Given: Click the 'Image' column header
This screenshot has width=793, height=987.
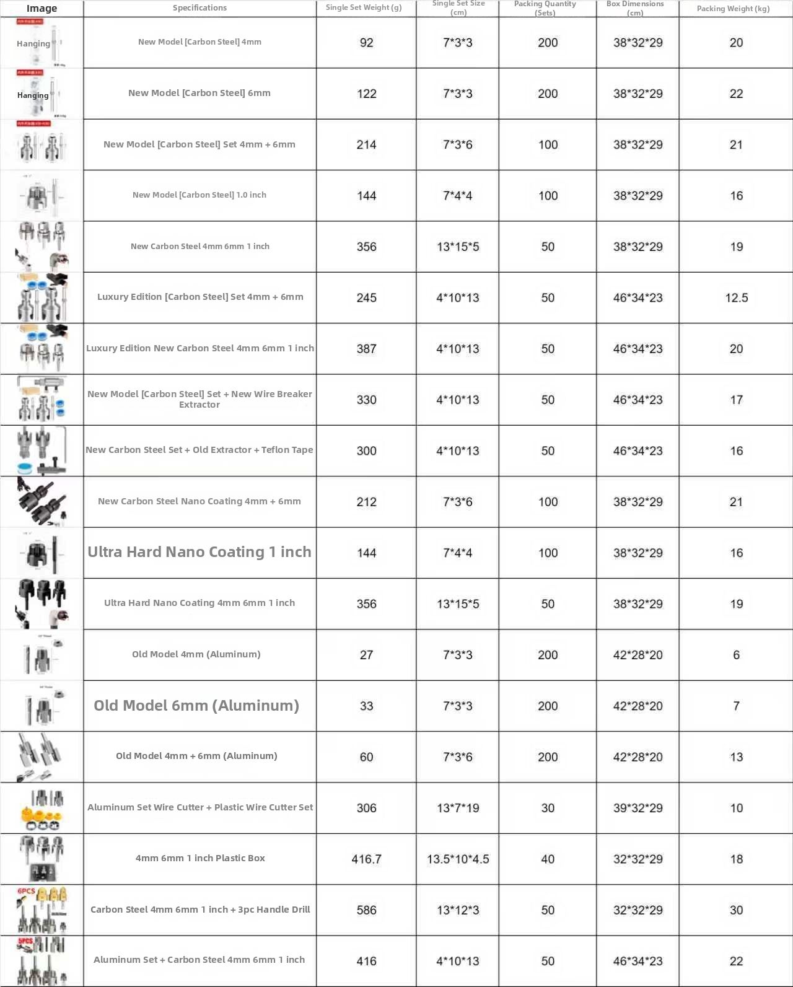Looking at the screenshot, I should pos(42,8).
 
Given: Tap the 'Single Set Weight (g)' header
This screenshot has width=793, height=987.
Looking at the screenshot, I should pos(364,7).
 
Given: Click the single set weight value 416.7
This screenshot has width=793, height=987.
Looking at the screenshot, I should pos(366,859).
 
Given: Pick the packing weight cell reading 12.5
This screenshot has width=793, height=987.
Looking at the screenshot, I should pos(736,297).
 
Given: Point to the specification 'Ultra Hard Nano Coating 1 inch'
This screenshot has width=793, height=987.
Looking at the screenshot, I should pos(199,552).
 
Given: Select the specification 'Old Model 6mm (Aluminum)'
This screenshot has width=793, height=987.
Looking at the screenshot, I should pos(196,706).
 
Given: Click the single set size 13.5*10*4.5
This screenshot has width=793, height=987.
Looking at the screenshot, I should pos(458,859).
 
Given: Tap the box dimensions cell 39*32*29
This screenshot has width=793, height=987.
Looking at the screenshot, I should pos(637,808).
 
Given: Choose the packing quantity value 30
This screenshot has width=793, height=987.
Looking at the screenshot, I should pos(548,808).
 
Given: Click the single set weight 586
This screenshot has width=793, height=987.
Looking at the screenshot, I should pos(366,910).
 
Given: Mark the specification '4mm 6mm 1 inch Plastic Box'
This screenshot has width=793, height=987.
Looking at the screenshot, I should pos(200,858).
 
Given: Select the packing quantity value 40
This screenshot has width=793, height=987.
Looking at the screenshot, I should pos(548,859).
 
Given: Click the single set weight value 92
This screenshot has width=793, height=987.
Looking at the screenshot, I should pos(366,43).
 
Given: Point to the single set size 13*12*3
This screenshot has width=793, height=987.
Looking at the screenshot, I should pos(458,910).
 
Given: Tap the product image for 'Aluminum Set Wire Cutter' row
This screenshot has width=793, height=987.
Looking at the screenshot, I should pos(42,808).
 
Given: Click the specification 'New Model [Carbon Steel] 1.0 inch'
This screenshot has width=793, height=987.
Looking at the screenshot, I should pos(199,195).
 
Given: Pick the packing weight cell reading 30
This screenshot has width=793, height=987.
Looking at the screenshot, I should pos(736,910).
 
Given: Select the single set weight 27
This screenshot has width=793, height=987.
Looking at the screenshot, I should pos(366,655).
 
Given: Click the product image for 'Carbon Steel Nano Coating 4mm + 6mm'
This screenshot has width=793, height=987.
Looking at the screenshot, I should pos(42,502).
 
